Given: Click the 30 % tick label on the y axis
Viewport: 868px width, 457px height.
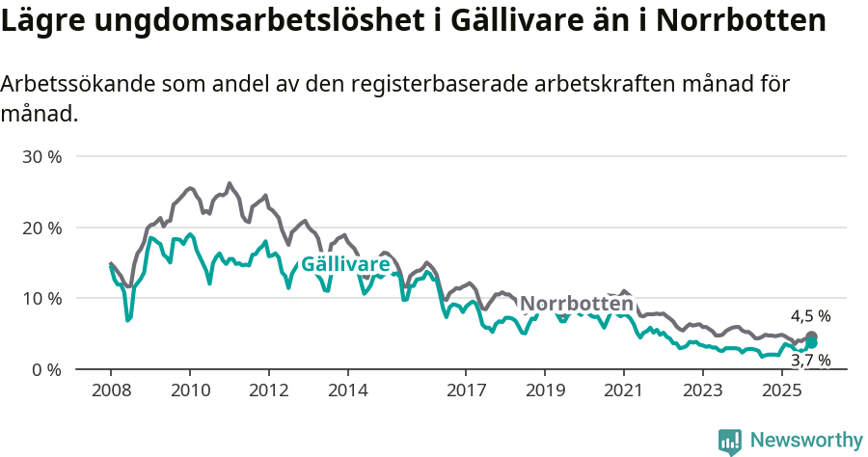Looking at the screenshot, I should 41,156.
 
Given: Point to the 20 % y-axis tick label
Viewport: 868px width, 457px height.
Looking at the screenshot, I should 41,228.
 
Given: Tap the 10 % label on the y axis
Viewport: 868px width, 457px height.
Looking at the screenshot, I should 41,299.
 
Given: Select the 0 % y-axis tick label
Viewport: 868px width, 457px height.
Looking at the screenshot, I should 45,370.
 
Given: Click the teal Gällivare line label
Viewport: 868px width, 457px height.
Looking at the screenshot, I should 345,264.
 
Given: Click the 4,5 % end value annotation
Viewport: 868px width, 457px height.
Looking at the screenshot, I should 810,316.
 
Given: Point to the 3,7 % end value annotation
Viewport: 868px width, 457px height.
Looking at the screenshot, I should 810,361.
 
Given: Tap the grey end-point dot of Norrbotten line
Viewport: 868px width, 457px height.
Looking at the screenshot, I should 811,336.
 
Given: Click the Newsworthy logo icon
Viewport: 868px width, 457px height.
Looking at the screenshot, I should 730,442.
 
